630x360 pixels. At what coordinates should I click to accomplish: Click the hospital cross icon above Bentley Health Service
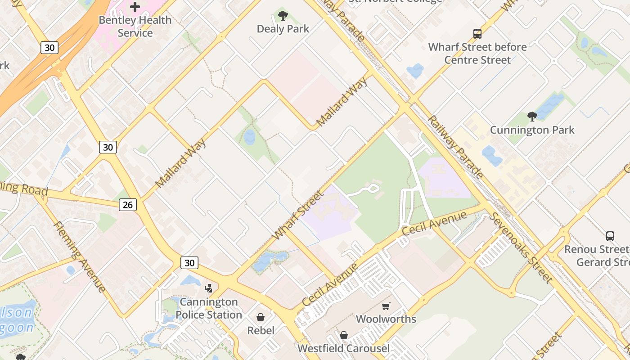point(135,7)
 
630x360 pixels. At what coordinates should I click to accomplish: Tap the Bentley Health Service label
point(135,27)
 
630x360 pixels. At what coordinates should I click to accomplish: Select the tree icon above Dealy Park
point(283,16)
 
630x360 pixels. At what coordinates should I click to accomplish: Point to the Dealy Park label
point(283,29)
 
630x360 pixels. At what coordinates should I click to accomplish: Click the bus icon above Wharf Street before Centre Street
point(477,34)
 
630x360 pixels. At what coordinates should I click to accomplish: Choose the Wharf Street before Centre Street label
point(477,54)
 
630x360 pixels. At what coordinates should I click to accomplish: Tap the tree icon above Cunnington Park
point(532,117)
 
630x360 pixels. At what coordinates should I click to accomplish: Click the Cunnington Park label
point(532,130)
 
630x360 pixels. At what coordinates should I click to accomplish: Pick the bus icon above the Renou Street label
point(610,236)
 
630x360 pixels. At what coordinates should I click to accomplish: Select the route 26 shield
point(128,205)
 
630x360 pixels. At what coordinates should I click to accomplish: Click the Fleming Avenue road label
point(80,256)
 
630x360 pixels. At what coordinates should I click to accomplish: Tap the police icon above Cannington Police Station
point(209,288)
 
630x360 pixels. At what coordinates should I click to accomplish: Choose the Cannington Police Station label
point(209,308)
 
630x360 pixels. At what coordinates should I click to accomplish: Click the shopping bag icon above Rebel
point(261,317)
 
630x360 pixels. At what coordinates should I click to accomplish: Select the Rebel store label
point(261,331)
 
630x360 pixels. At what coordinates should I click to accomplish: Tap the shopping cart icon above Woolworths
point(386,306)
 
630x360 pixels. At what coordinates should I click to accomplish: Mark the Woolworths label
point(386,319)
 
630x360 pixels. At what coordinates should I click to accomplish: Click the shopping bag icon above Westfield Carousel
point(344,335)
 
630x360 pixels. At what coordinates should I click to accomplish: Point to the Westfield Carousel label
point(344,348)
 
